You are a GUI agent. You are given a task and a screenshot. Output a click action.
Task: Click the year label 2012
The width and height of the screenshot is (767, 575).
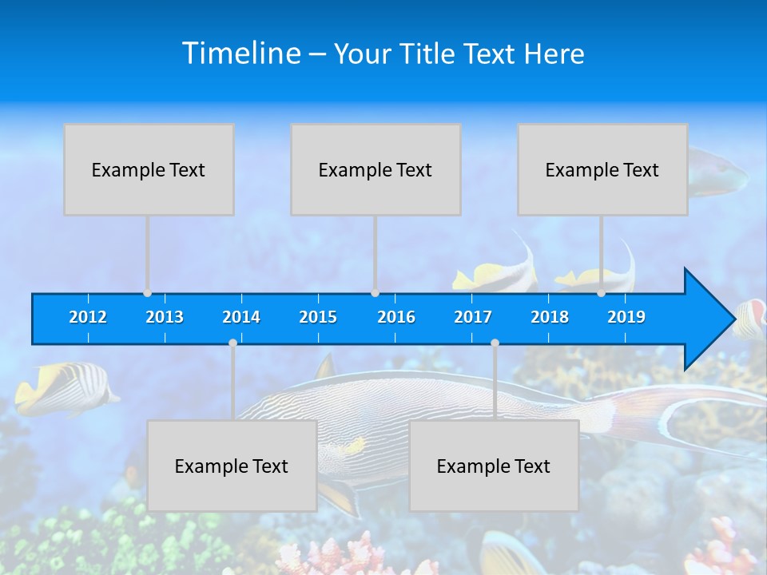[x=88, y=317]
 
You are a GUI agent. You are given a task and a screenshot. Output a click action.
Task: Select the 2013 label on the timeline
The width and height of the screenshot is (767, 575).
[x=165, y=317]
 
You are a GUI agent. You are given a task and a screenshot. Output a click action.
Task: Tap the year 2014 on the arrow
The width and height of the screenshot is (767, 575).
[x=241, y=317]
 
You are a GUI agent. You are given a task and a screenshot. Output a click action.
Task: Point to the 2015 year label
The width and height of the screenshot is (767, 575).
[x=318, y=317]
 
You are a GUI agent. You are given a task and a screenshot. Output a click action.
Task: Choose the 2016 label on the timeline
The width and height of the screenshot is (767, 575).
[x=396, y=317]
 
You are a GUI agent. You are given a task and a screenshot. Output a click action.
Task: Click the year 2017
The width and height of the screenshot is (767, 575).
[x=473, y=317]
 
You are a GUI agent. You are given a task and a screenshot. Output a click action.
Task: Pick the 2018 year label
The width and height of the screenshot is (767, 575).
[x=550, y=317]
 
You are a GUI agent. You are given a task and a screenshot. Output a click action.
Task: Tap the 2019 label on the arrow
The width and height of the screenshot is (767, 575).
[x=626, y=317]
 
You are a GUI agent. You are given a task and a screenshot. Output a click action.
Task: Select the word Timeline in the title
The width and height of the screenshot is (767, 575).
[x=240, y=54]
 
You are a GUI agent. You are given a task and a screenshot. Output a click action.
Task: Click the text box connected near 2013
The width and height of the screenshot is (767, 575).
[x=149, y=169]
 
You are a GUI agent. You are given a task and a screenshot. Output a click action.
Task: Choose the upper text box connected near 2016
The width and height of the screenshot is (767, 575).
[x=376, y=169]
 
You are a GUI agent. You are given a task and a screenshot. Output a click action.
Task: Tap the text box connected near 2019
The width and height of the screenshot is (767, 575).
[x=602, y=169]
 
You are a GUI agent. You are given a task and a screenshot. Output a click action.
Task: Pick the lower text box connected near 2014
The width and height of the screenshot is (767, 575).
[x=232, y=466]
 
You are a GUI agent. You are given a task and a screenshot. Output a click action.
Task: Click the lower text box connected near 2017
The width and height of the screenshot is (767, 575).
[x=494, y=466]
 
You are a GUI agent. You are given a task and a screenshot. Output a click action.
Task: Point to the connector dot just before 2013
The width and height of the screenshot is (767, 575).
[x=148, y=293]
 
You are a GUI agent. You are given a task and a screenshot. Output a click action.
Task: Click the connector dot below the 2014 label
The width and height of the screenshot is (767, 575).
[x=232, y=343]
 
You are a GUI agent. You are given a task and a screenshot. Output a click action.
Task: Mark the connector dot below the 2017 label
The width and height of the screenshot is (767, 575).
[x=495, y=343]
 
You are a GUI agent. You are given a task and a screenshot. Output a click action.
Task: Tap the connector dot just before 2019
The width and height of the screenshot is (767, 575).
[x=602, y=293]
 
